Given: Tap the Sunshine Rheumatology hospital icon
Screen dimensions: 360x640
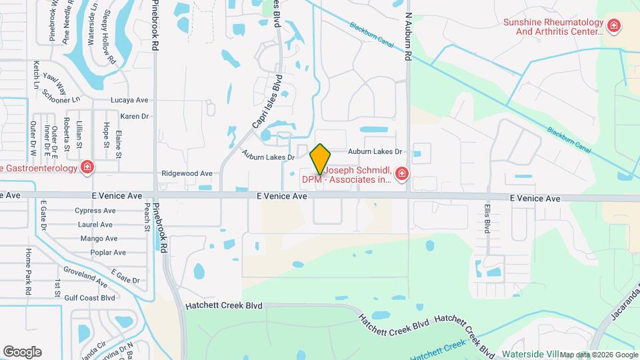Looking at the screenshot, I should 614,27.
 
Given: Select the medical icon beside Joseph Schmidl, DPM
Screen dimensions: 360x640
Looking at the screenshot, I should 402,175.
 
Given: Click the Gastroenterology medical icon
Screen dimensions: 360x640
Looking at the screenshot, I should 87,167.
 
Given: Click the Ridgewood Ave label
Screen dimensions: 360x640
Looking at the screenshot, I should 187,173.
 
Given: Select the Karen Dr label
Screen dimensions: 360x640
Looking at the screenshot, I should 134,116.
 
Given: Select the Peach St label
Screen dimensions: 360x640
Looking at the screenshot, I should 146,218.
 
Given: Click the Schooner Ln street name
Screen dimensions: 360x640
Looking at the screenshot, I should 61,100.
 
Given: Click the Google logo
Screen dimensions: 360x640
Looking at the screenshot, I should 22,352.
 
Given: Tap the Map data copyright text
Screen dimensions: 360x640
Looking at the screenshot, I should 599,355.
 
